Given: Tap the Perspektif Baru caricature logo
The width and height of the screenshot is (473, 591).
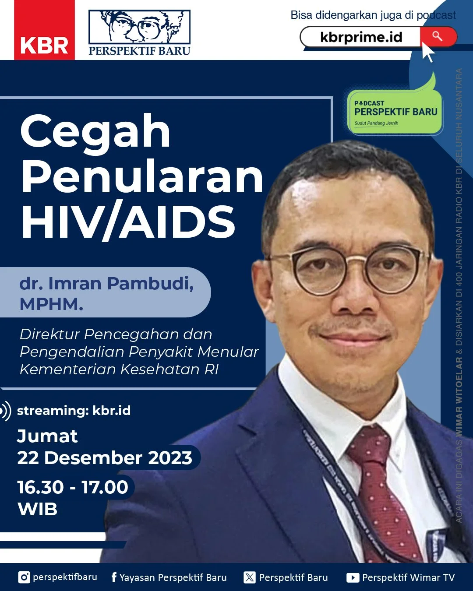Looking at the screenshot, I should (x=139, y=33).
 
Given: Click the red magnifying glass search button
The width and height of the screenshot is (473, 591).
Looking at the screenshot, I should (x=438, y=36).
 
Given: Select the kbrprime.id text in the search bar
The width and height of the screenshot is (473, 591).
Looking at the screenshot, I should (x=361, y=37).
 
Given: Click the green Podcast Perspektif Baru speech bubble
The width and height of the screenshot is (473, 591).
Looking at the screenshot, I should (x=395, y=112).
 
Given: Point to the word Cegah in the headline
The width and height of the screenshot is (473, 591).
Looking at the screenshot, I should (x=95, y=131).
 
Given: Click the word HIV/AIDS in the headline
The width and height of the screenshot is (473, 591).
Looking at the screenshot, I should (x=128, y=222).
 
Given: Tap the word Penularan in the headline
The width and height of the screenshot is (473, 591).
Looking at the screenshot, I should (x=142, y=177).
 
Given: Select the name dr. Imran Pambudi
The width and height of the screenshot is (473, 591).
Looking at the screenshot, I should (x=106, y=284).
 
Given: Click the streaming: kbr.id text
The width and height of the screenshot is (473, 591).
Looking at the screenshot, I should (x=74, y=411).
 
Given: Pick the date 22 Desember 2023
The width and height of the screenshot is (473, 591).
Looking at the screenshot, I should (x=105, y=458).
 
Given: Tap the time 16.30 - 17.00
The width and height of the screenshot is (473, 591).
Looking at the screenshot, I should (x=73, y=487).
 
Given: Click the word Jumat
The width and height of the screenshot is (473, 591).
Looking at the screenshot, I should (x=47, y=436).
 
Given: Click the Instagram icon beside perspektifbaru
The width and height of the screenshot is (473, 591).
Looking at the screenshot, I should (x=24, y=577).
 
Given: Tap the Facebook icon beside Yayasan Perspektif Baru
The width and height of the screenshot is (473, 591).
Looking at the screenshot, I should (x=114, y=577).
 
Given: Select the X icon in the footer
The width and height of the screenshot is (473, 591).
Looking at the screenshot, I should (x=249, y=577).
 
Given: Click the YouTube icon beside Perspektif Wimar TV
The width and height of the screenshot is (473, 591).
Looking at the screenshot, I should (x=353, y=578).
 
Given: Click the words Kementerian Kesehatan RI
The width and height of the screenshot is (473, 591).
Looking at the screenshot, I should (x=119, y=369).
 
